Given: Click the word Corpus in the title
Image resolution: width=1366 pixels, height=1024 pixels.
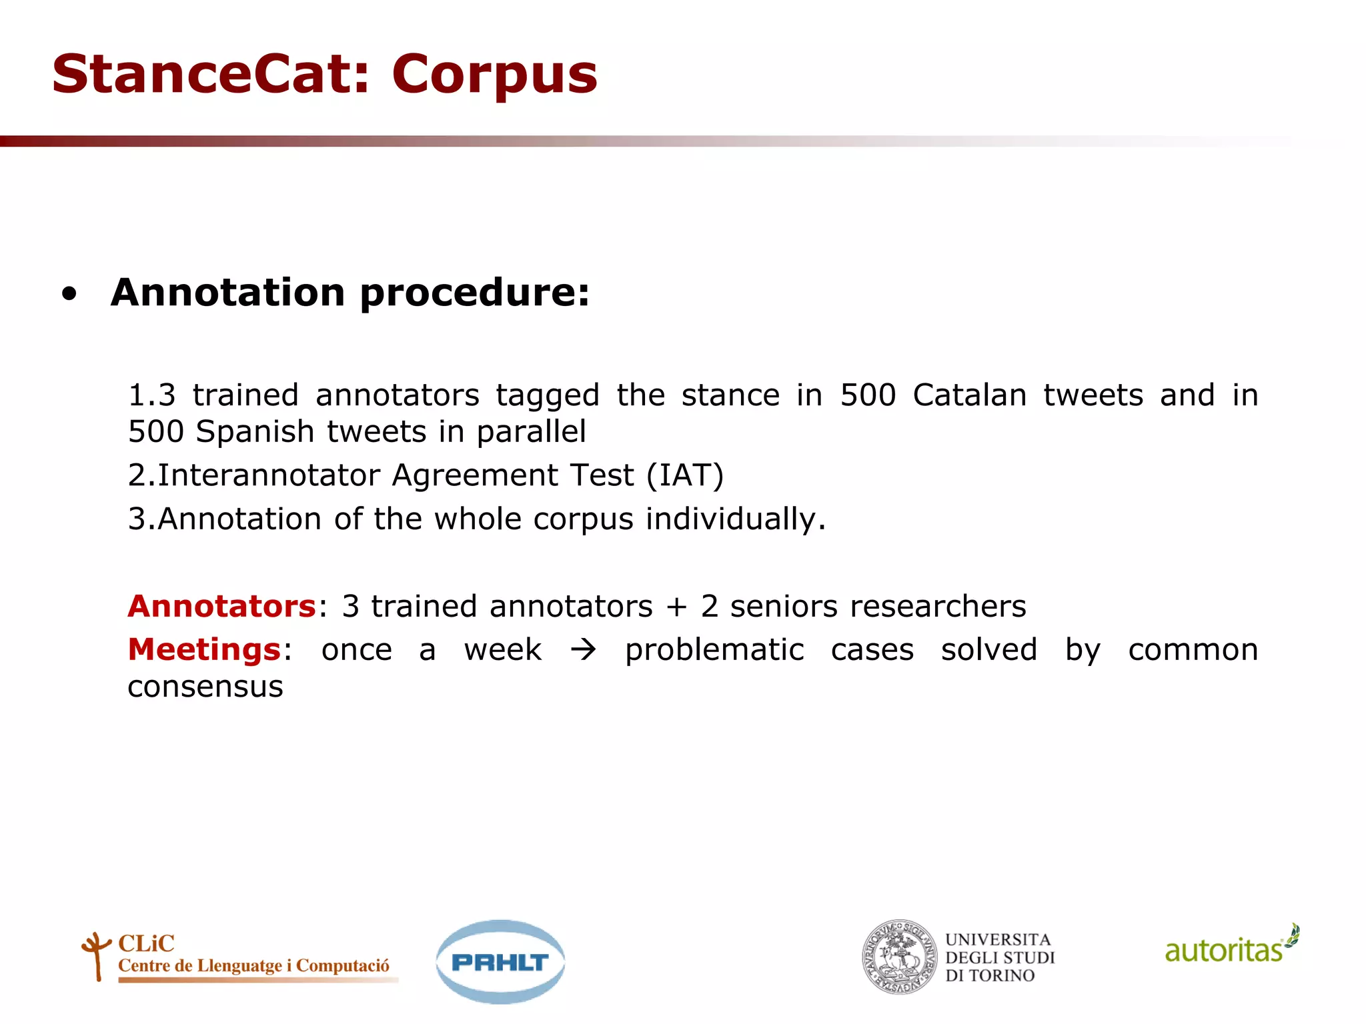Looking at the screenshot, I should click(494, 74).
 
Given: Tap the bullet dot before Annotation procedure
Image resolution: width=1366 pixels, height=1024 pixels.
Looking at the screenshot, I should click(69, 294).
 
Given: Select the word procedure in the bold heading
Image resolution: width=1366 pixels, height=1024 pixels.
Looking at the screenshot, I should click(475, 293).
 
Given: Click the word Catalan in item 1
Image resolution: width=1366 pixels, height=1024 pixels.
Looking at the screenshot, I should click(969, 395).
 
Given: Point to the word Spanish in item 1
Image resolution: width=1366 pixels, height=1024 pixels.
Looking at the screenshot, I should click(255, 431).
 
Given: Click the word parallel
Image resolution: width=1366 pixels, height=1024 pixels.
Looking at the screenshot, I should click(531, 431).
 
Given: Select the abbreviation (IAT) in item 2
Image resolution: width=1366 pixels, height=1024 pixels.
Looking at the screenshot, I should click(684, 475).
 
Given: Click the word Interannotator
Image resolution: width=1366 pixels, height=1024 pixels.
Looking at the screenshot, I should click(269, 475).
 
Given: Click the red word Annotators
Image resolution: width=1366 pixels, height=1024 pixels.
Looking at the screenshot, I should click(221, 606).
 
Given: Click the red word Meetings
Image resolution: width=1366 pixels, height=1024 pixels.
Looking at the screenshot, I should click(204, 649).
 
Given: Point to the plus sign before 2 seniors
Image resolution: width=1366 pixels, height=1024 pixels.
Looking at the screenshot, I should click(676, 607).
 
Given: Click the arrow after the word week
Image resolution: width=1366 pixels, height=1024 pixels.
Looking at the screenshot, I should click(583, 650).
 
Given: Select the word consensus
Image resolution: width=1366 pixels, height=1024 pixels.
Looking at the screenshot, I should click(205, 687).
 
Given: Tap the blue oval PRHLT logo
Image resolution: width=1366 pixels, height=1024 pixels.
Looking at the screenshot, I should click(500, 961).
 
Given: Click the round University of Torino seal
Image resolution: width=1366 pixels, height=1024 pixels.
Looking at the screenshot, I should click(900, 957).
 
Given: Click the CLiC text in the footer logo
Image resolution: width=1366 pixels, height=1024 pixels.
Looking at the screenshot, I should click(146, 943).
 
